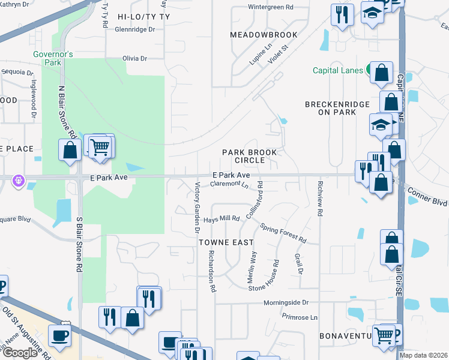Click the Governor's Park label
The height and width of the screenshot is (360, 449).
53,58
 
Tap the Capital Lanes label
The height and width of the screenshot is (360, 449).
337,70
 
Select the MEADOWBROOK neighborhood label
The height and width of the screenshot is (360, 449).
264,35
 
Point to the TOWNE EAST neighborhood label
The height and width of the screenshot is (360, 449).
226,242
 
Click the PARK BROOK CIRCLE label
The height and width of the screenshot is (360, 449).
250,157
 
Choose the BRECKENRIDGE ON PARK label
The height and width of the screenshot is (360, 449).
337,108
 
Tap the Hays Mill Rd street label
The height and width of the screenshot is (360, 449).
221,220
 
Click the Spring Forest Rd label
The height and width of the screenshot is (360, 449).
283,233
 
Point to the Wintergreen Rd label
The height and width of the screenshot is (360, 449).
271,8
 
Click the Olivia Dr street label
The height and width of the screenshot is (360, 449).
134,59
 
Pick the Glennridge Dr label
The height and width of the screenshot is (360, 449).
134,29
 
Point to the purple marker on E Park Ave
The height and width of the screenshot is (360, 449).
19,179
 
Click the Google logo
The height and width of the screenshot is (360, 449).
20,353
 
